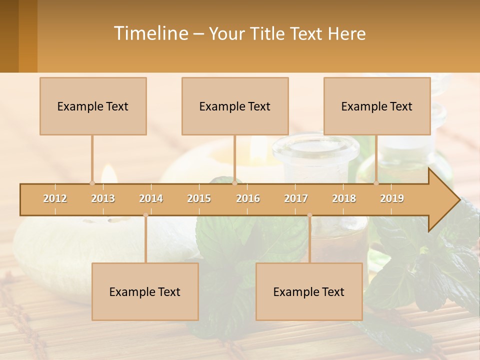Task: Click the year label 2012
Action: pyautogui.click(x=55, y=198)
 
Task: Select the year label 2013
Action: pyautogui.click(x=103, y=198)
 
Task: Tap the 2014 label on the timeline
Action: pyautogui.click(x=151, y=198)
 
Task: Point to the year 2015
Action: pyautogui.click(x=199, y=198)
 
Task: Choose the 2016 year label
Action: pyautogui.click(x=248, y=198)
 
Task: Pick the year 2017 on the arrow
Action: pyautogui.click(x=296, y=198)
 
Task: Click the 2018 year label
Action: pyautogui.click(x=344, y=198)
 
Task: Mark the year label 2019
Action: pyautogui.click(x=392, y=198)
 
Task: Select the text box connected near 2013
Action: pyautogui.click(x=93, y=106)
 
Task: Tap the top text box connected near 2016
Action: pyautogui.click(x=235, y=106)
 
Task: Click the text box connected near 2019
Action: pyautogui.click(x=377, y=106)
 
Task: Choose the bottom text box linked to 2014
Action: pyautogui.click(x=145, y=291)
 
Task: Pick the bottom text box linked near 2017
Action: pyautogui.click(x=309, y=291)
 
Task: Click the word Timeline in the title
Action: pyautogui.click(x=150, y=33)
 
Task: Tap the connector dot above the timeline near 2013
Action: pyautogui.click(x=92, y=183)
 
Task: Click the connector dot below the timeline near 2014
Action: pyautogui.click(x=145, y=215)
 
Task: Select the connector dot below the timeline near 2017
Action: pyautogui.click(x=309, y=215)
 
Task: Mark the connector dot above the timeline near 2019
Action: pyautogui.click(x=376, y=183)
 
